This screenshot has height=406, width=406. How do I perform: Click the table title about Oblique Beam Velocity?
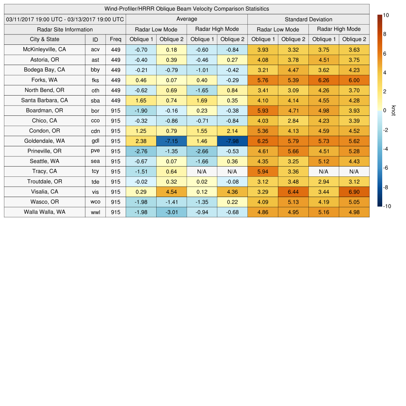pos(186,9)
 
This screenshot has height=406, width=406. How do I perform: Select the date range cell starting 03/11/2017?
pos(65,19)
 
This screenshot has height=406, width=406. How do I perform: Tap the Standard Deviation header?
pos(308,19)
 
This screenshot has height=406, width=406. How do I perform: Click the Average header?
pos(186,19)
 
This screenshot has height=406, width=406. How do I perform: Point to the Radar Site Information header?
pos(65,29)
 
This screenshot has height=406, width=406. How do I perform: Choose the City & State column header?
pos(44,39)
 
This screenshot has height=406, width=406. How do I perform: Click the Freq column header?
pos(116,39)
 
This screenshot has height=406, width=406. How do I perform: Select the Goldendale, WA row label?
pos(44,141)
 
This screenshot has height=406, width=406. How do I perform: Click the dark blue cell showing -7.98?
pos(232,141)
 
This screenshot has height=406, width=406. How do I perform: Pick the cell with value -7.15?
pos(171,141)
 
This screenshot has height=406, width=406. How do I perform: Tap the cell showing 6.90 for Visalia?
pos(354,192)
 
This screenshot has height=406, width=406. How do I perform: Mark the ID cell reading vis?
pos(95,192)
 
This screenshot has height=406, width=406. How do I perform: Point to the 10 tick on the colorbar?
pos(386,15)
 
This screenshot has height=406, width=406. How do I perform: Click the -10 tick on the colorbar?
pos(387,206)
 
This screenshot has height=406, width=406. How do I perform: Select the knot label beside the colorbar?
pos(393,111)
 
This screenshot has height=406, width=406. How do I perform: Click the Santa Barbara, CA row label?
pos(44,100)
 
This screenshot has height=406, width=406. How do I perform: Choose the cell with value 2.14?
pos(232,131)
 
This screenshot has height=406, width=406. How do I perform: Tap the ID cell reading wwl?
pos(95,212)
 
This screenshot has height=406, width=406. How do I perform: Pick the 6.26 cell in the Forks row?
pos(324,80)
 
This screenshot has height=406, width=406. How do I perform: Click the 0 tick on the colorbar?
pos(385,111)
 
